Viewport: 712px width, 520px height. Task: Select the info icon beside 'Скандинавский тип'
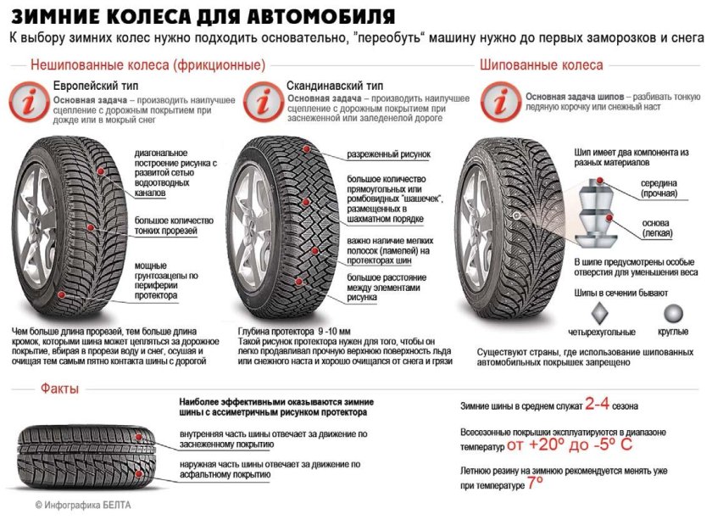point(264,103)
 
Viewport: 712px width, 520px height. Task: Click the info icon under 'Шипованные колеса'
point(501,101)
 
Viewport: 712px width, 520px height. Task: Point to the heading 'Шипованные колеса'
point(541,64)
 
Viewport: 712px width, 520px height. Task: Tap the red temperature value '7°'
point(535,484)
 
